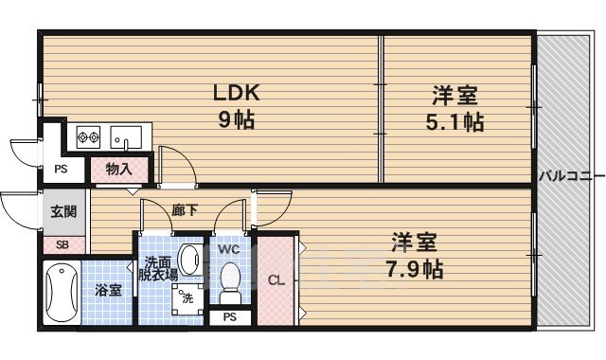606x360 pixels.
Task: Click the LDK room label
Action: pyautogui.click(x=235, y=94)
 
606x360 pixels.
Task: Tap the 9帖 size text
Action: pyautogui.click(x=235, y=120)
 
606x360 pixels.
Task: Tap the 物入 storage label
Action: pyautogui.click(x=118, y=171)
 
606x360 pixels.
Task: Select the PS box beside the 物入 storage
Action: pyautogui.click(x=62, y=171)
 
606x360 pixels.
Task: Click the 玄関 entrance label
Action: pyautogui.click(x=63, y=212)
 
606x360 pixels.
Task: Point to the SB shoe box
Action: pyautogui.click(x=62, y=244)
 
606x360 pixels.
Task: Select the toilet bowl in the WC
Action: pyautogui.click(x=228, y=281)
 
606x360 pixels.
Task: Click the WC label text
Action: pyautogui.click(x=229, y=249)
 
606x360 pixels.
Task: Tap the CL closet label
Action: pyautogui.click(x=276, y=280)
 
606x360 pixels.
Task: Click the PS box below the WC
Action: pyautogui.click(x=230, y=317)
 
